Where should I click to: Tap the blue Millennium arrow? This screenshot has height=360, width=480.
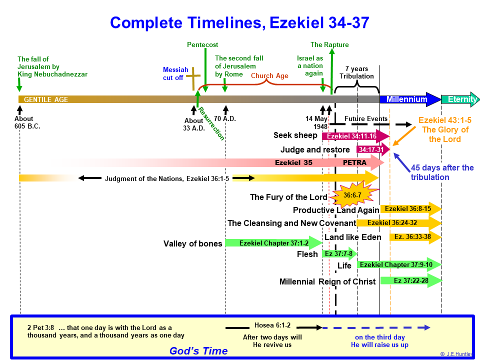click(x=410, y=99)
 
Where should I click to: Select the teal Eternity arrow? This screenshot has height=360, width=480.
click(x=460, y=99)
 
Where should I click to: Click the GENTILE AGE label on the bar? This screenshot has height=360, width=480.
click(x=46, y=99)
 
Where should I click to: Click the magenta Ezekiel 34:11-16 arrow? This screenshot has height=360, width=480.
click(x=355, y=136)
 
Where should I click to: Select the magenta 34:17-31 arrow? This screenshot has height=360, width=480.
click(x=373, y=149)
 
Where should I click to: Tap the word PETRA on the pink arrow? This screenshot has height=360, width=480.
click(x=354, y=162)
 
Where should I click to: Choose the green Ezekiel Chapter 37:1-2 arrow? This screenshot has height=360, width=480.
click(x=273, y=243)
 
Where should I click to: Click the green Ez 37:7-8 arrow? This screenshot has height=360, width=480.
click(x=339, y=253)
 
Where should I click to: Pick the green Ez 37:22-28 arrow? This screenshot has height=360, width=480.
click(x=411, y=280)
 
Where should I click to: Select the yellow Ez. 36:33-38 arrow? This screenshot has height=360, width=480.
click(x=415, y=236)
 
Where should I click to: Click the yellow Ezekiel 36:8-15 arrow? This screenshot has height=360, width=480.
click(x=411, y=209)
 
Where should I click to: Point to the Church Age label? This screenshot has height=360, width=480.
click(x=269, y=75)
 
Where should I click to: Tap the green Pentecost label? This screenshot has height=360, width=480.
click(x=202, y=44)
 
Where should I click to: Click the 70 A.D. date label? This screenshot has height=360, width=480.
click(x=225, y=119)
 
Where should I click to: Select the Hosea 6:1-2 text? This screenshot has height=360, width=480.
click(x=272, y=325)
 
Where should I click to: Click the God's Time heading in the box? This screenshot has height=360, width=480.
click(x=198, y=351)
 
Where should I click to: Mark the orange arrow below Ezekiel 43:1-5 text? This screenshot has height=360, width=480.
click(x=404, y=136)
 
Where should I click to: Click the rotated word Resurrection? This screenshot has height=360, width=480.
click(x=211, y=123)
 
